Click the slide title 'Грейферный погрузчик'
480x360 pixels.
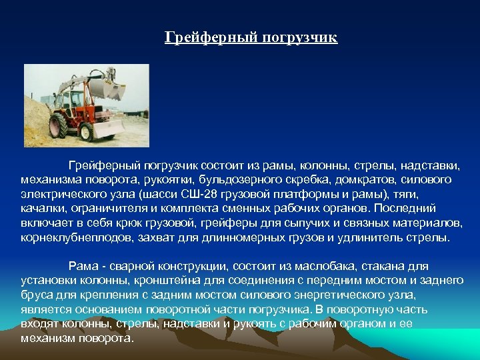coord(251,37)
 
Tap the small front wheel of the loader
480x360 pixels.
coord(86,131)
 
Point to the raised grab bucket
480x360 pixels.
coord(106,88)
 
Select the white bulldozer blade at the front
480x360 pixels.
coord(108,127)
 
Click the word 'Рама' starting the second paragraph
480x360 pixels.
coord(82,267)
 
